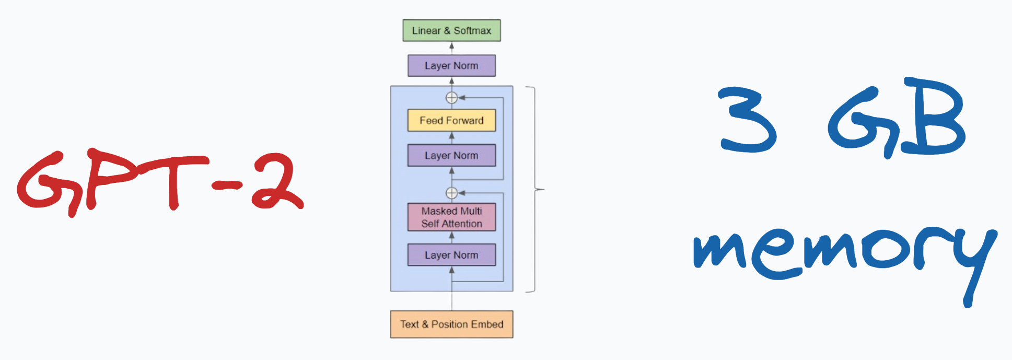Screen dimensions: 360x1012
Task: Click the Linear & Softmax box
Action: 451,30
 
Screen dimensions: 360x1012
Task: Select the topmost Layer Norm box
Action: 451,66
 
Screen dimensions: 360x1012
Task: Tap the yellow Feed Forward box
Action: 451,120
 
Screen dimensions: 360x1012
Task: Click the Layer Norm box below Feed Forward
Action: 451,156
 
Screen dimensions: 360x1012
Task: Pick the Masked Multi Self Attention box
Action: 451,217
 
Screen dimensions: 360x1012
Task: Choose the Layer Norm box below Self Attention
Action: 451,255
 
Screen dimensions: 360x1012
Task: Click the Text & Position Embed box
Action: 451,324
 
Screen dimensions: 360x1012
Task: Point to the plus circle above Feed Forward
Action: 451,98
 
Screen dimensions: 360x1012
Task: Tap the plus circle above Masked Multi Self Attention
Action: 451,193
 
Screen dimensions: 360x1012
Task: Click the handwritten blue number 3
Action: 747,120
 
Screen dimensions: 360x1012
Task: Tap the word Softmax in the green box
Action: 472,30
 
